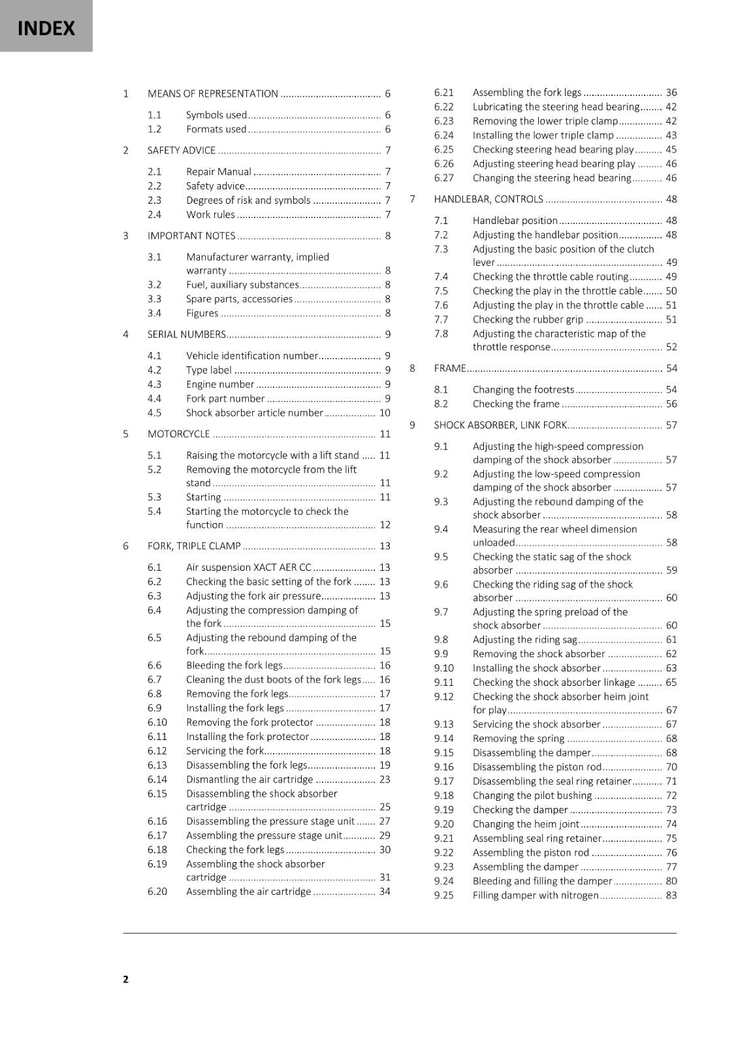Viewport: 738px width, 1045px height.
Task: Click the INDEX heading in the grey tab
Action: (x=46, y=29)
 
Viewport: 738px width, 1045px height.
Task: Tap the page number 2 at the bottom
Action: (x=126, y=979)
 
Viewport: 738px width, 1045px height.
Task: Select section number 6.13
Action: (x=157, y=765)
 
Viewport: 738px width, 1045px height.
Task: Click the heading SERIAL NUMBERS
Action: (x=187, y=334)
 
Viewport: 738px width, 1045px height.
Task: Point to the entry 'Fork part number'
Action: (x=225, y=398)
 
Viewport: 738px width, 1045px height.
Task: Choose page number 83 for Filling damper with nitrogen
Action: (x=671, y=895)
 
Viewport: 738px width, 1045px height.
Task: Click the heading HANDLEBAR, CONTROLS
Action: (x=488, y=199)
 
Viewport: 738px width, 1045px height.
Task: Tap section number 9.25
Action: (x=443, y=895)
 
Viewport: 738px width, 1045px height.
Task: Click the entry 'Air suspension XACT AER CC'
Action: (x=248, y=568)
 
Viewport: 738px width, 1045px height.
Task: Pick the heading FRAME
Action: (x=449, y=368)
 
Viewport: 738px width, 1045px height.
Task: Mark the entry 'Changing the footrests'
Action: (x=523, y=390)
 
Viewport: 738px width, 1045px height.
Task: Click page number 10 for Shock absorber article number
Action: (x=385, y=413)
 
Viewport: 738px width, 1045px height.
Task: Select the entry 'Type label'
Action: (x=209, y=370)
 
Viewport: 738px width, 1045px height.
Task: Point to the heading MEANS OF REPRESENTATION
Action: (x=213, y=94)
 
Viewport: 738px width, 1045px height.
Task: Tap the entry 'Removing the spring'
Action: (x=518, y=739)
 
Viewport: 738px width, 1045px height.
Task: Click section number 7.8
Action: (x=441, y=334)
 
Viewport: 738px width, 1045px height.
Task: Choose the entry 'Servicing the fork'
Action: (x=225, y=751)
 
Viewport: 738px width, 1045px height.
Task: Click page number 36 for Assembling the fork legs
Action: (x=671, y=93)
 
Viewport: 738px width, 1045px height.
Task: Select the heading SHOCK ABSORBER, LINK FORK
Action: (x=500, y=425)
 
